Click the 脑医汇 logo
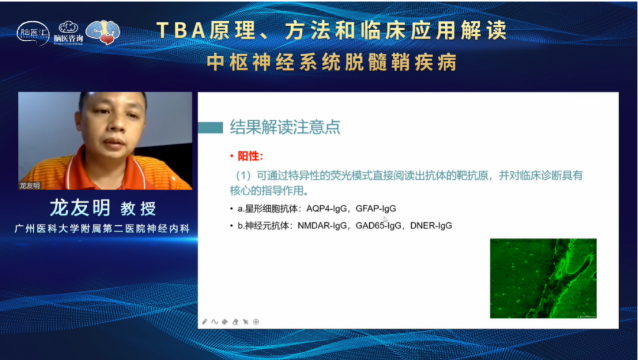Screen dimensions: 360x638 click(33, 33)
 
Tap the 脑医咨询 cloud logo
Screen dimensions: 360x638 click(69, 33)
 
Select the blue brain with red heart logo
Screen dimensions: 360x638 click(103, 32)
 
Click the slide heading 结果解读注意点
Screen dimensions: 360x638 click(285, 127)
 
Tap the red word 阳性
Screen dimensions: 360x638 click(249, 157)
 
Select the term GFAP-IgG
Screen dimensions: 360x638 click(376, 209)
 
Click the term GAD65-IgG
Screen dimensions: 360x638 click(377, 225)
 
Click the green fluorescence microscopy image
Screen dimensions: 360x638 click(543, 278)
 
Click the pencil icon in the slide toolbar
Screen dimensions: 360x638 click(205, 322)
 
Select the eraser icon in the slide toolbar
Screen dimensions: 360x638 click(235, 322)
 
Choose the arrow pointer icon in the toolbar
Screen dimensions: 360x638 click(245, 322)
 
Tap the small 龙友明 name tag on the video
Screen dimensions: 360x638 click(30, 185)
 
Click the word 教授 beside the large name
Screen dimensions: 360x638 click(138, 208)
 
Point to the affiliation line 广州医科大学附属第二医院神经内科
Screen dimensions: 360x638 click(102, 228)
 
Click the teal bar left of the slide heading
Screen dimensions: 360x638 click(210, 127)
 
